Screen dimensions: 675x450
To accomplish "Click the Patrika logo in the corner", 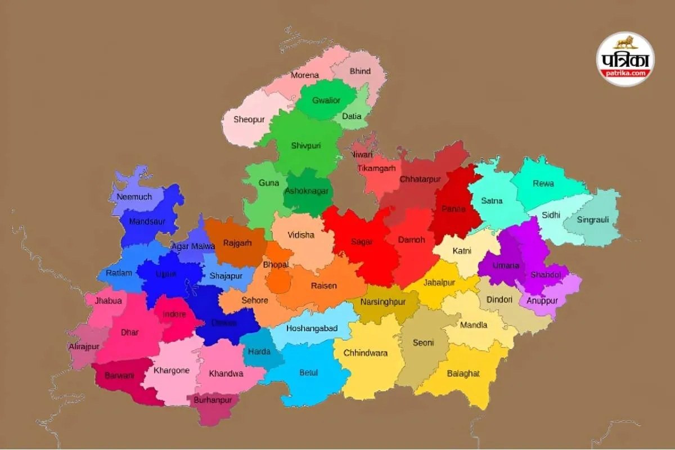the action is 625,59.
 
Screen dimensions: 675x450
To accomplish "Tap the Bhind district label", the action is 360,71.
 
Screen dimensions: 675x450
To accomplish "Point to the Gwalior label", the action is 326,100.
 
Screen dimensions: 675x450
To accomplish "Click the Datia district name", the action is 352,116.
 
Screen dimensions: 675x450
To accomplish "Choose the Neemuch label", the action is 134,197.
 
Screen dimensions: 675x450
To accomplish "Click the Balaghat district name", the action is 463,373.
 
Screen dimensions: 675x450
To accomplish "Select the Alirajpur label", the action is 84,346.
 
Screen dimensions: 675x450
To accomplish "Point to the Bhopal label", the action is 276,264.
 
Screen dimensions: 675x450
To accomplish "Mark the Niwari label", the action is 361,154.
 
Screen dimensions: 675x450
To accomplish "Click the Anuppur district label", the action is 542,300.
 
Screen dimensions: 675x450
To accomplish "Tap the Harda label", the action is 259,352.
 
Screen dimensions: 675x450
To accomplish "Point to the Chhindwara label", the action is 368,353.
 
